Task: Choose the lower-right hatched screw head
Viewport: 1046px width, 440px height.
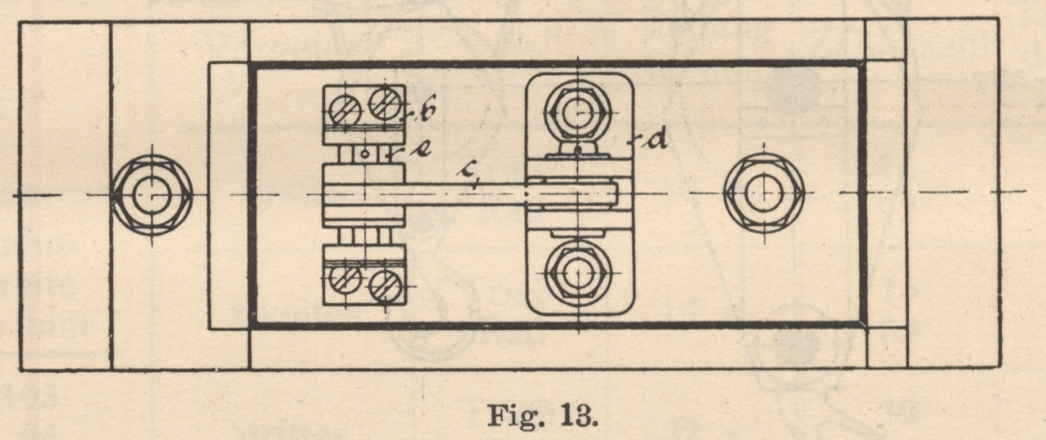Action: point(385,285)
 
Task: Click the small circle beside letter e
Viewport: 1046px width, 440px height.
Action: point(364,153)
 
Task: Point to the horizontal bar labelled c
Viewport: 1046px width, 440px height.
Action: point(466,192)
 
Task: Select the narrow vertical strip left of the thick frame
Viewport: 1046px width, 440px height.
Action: point(228,195)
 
